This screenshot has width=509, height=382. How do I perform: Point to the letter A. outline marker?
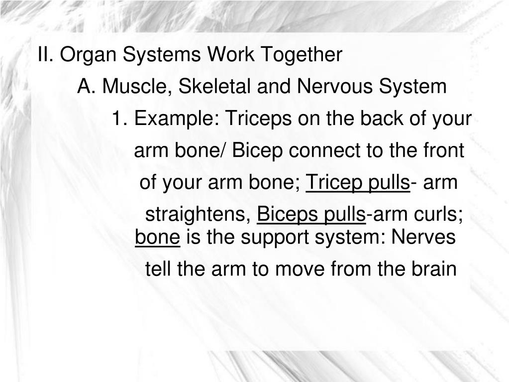point(86,87)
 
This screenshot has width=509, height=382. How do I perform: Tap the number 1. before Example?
point(120,119)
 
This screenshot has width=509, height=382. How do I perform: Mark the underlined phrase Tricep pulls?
point(358,183)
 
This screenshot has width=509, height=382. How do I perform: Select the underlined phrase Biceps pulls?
point(311,216)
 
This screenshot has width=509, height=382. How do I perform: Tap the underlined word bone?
point(157,238)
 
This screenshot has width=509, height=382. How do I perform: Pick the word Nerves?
point(423,238)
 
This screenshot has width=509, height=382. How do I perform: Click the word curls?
point(439,216)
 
